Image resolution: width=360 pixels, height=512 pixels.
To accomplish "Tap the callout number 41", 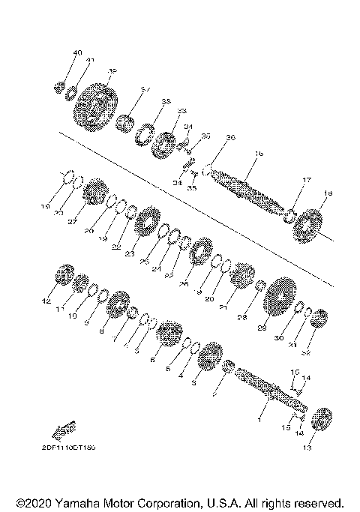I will (90, 60).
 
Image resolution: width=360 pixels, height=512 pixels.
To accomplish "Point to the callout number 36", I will (231, 137).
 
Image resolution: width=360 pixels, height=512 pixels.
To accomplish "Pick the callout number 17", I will (307, 180).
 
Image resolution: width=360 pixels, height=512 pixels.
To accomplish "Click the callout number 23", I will (130, 254).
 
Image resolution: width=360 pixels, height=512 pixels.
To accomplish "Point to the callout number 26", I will (184, 283).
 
